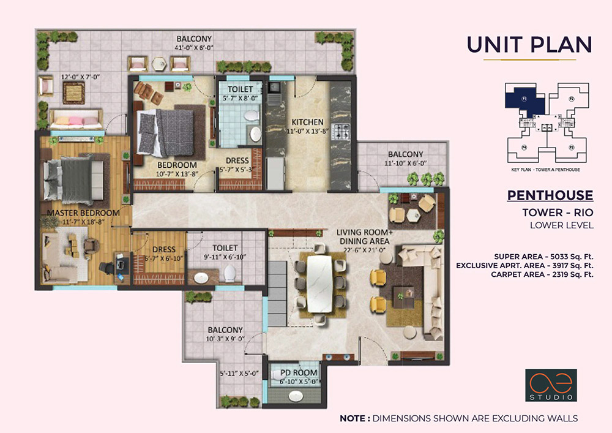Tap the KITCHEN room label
point(307,122)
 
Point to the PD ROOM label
point(299,372)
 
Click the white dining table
point(319,285)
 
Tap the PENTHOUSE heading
point(550,195)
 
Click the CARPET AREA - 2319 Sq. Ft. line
point(542,274)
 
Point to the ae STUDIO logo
point(549,385)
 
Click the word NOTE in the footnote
point(354,418)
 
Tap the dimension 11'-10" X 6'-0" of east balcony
point(405,163)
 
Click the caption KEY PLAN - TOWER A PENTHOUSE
point(546,169)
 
